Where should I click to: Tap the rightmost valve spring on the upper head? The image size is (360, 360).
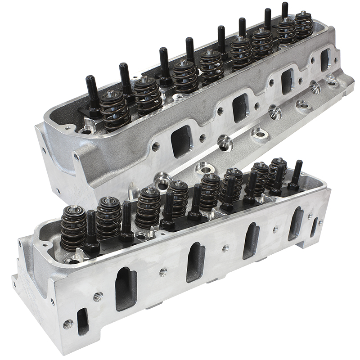(x=303, y=25)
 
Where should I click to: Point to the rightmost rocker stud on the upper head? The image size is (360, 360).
(x=285, y=11)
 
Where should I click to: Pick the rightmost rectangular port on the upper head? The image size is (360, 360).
(x=325, y=59)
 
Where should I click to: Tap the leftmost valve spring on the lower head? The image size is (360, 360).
(x=73, y=227)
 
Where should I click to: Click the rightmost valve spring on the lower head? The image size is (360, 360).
(x=278, y=171)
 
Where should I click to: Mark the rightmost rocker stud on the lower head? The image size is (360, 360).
(x=297, y=173)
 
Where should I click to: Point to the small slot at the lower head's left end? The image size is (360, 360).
(x=82, y=321)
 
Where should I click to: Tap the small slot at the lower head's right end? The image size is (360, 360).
(x=314, y=227)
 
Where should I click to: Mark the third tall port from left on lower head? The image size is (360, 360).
(x=251, y=240)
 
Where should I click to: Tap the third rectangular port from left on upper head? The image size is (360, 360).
(x=288, y=81)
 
